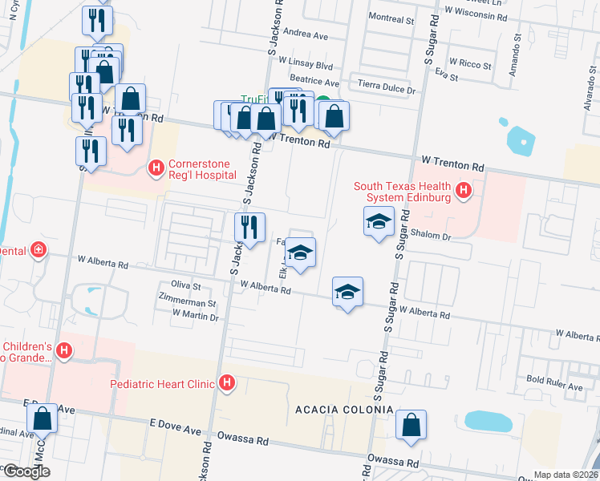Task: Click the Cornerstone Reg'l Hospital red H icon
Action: [156, 168]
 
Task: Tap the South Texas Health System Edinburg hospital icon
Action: [463, 191]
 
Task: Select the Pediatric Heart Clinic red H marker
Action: [228, 383]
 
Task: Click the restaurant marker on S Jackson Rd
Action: [250, 228]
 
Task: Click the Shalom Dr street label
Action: [432, 236]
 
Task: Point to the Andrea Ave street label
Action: [306, 35]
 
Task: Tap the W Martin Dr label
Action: [195, 317]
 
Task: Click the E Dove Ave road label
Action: [176, 422]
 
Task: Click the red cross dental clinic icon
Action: [37, 251]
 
